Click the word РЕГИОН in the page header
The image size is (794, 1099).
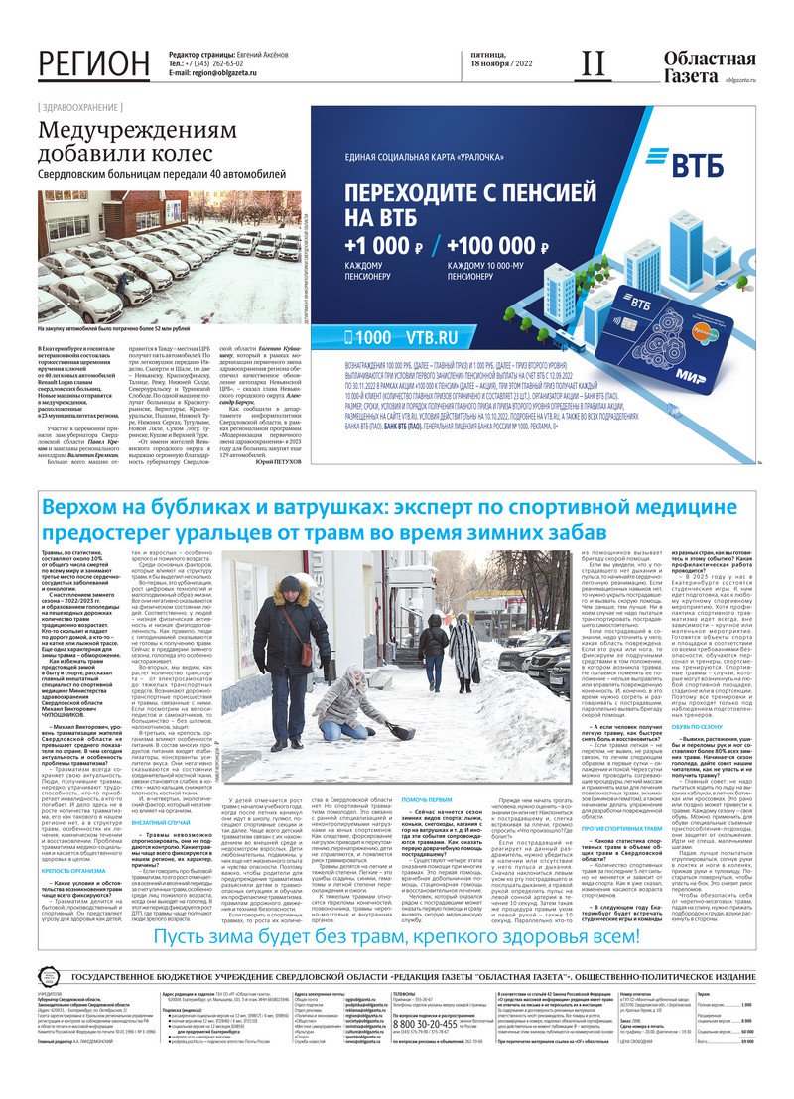pos(94,63)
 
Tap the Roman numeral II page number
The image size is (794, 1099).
pos(593,63)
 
